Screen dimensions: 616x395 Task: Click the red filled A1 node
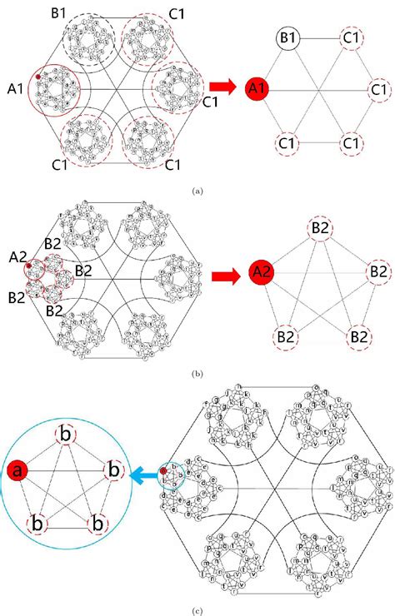[257, 87]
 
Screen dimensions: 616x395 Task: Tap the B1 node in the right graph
[288, 37]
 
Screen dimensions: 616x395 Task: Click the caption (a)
[197, 191]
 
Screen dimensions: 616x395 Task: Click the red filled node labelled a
[17, 473]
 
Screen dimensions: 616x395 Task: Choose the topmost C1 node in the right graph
[352, 37]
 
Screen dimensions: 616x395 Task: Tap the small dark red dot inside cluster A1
[38, 77]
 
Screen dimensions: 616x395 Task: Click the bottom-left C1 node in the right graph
[288, 143]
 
